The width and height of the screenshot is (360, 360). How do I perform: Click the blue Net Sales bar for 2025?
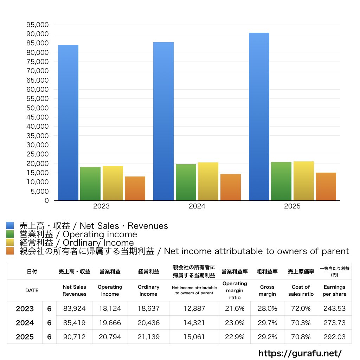[259, 116]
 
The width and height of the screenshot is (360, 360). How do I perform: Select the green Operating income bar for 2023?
[90, 184]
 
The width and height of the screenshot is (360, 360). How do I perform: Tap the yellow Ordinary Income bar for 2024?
[208, 181]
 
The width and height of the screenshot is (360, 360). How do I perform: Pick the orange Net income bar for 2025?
[326, 186]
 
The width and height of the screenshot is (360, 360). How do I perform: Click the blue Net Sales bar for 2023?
[68, 123]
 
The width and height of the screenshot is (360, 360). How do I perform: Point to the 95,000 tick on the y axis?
[37, 25]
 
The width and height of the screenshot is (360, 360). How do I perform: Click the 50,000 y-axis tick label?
[37, 108]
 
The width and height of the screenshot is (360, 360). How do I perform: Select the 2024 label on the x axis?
[197, 206]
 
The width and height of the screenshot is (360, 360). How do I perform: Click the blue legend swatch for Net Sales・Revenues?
[10, 226]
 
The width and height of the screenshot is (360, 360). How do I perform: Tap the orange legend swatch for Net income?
[10, 251]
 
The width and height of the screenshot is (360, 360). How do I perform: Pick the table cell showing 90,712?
[74, 337]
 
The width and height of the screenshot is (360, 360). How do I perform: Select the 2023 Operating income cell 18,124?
[110, 309]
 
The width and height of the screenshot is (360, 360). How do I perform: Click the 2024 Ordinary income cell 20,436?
[148, 323]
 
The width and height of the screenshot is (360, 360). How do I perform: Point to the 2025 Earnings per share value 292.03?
[334, 337]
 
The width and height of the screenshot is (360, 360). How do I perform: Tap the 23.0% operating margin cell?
[234, 323]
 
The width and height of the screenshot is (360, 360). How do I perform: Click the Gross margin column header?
[267, 290]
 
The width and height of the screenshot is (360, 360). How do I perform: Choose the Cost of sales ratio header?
[301, 290]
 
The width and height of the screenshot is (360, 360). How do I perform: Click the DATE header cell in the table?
[32, 290]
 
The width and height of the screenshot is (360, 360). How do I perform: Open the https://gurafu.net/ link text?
[300, 353]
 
